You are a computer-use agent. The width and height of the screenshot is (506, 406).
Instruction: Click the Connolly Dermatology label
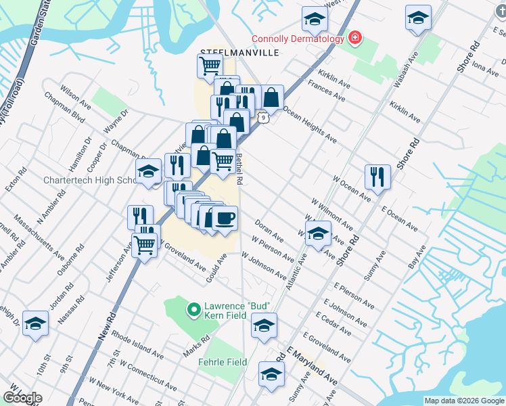coord(298,39)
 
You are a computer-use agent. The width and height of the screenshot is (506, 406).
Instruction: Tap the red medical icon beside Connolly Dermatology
coord(354,39)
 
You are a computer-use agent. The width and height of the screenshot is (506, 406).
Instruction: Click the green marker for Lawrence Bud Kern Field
coord(193,310)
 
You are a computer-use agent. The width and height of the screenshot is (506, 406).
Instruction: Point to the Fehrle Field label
coord(222,362)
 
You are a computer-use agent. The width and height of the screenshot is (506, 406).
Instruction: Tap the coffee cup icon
coord(225,218)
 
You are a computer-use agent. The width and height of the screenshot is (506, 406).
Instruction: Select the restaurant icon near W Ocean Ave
coord(377,176)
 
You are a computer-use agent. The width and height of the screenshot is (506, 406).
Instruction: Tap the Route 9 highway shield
coord(263,118)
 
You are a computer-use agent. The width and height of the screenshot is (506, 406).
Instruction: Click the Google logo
coord(22,398)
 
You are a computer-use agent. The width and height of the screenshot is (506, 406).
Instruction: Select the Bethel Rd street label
coord(239,169)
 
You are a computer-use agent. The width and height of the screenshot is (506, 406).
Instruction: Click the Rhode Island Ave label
coord(137,344)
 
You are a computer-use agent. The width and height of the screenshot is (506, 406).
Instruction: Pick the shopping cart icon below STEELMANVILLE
coord(210,66)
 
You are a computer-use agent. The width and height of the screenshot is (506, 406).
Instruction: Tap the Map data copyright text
coord(464,401)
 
